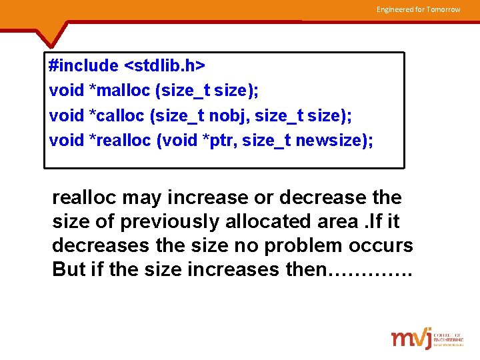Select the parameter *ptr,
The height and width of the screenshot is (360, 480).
click(x=225, y=140)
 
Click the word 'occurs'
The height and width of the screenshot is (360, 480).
click(x=383, y=246)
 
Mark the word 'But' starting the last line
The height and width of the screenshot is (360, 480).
click(x=67, y=270)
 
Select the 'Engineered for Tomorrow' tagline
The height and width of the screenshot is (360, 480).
click(x=418, y=9)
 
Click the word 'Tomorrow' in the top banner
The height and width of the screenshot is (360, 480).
click(x=443, y=9)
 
